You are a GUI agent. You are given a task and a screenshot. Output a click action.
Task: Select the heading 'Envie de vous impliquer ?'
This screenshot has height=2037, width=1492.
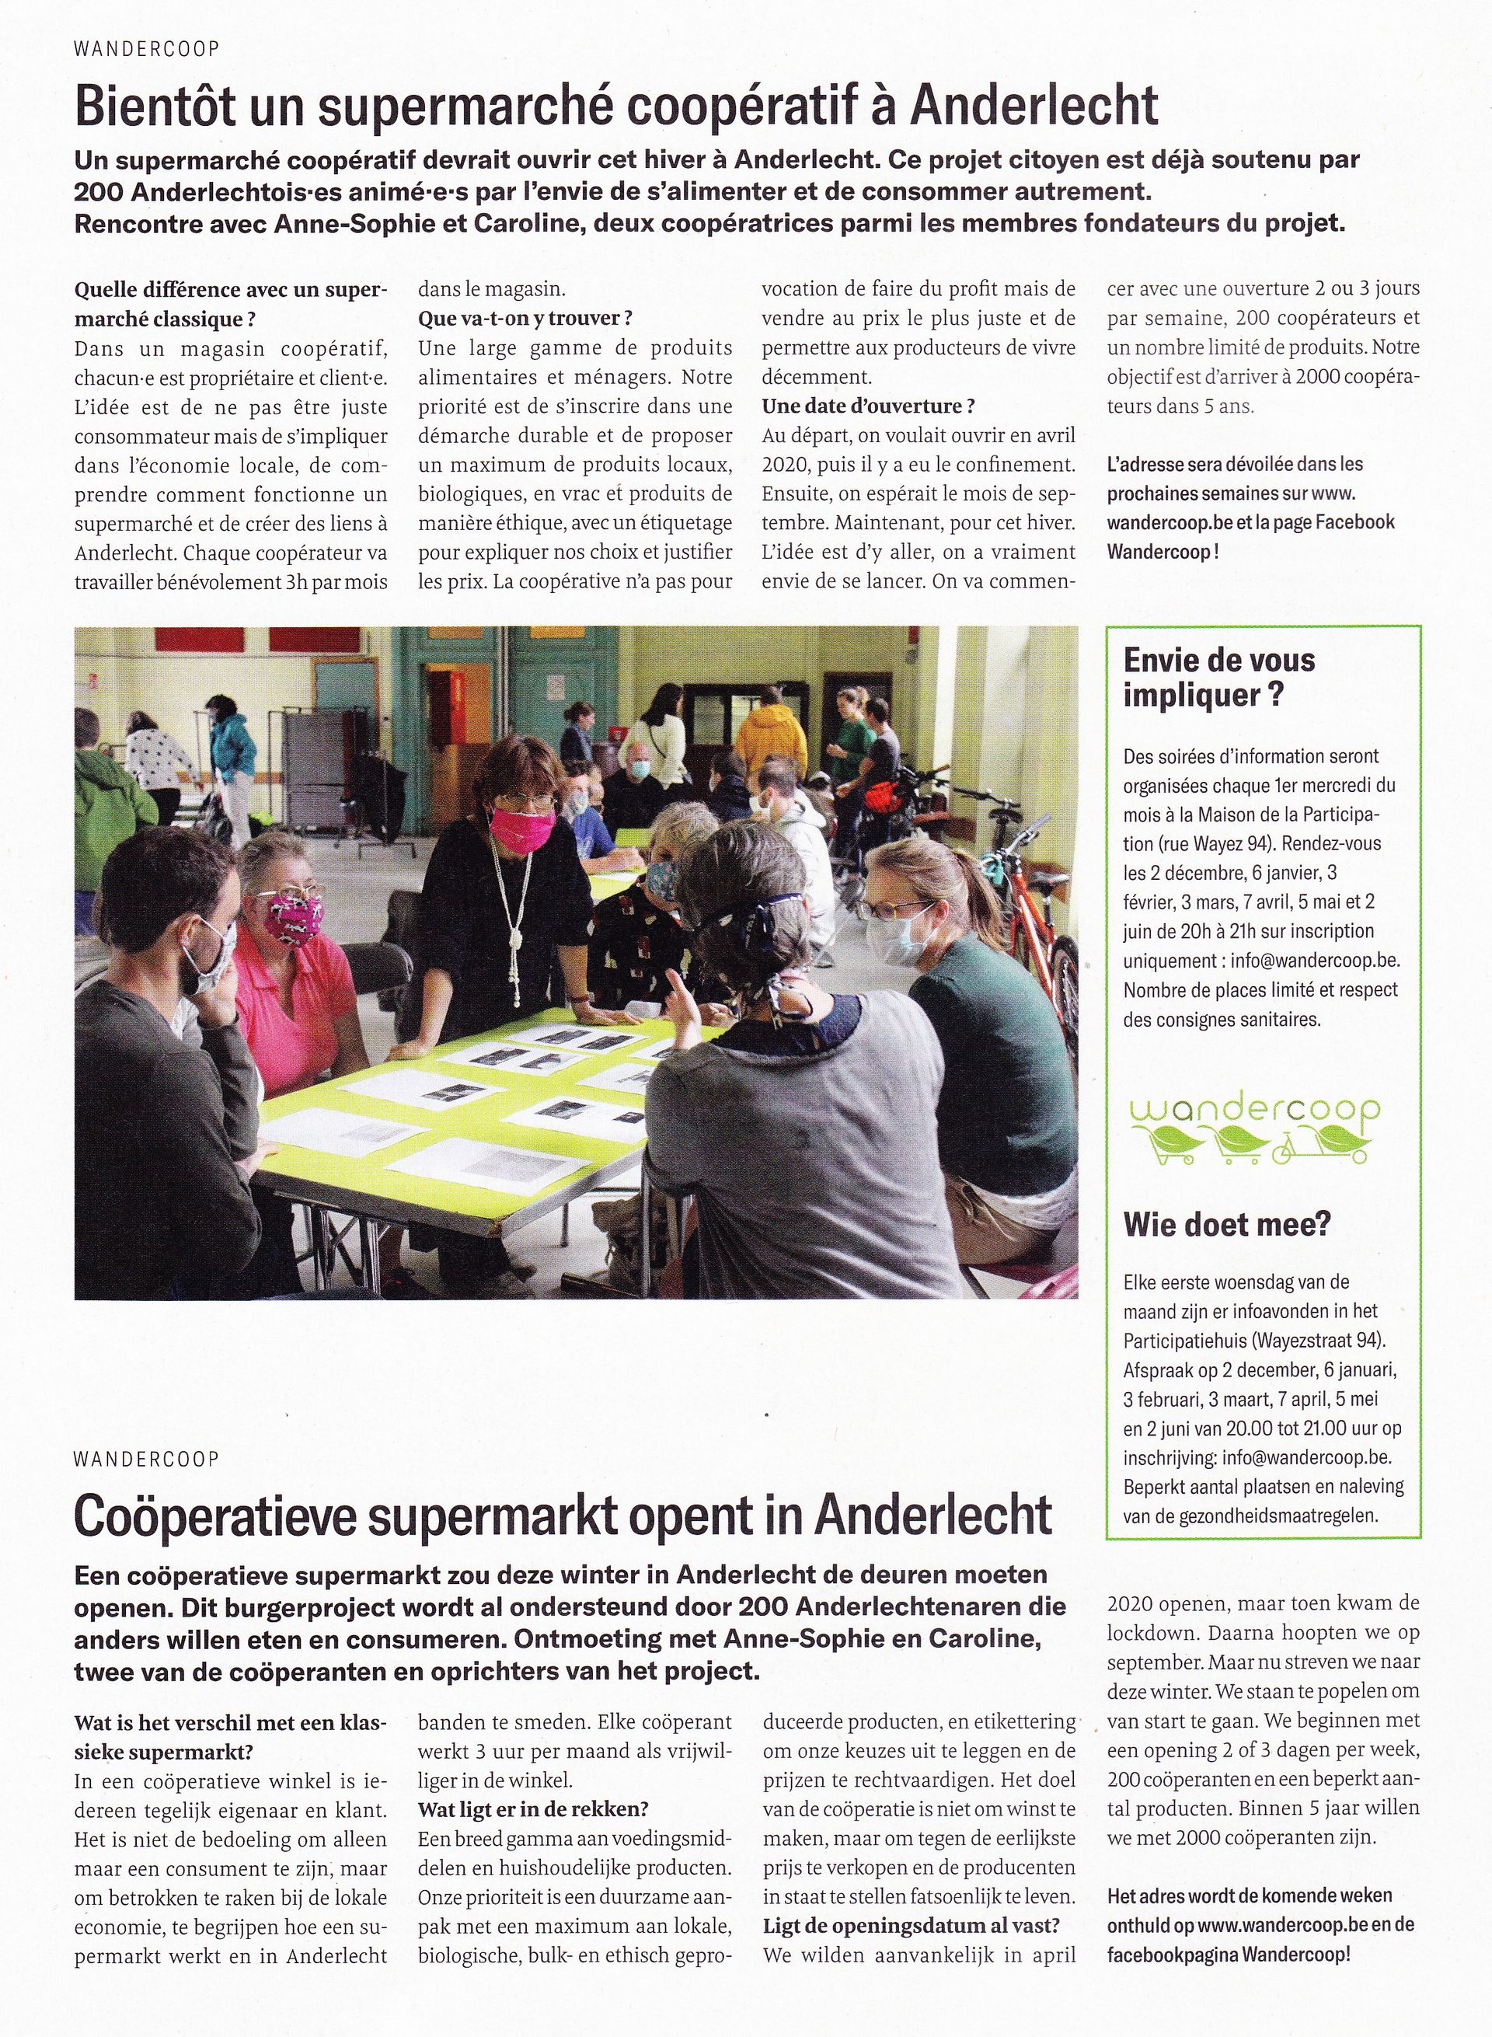(1218, 678)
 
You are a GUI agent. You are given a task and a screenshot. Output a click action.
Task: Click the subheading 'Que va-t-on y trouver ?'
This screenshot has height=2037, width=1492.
(525, 318)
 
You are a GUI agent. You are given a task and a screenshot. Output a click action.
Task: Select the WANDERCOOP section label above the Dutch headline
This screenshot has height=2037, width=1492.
(146, 1459)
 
